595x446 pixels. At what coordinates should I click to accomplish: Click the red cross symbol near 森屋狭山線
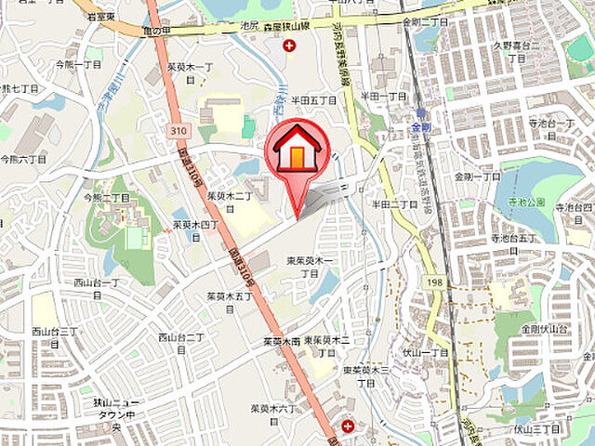(x=291, y=46)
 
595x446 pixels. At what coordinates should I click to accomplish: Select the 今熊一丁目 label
(x=77, y=65)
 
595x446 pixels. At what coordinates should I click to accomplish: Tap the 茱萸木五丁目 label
(x=230, y=302)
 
